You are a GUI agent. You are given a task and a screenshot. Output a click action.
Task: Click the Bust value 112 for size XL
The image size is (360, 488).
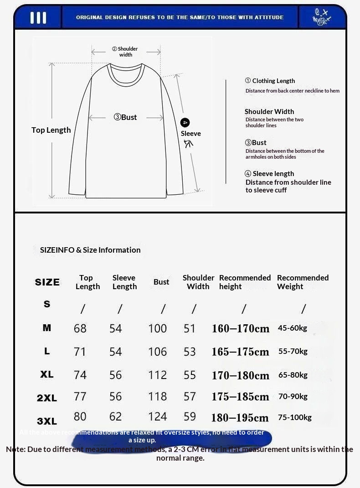[x=157, y=375]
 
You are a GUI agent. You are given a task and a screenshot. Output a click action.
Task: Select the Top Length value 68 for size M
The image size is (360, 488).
[x=80, y=328]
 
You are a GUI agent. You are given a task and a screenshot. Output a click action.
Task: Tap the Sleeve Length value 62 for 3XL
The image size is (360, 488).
[x=116, y=416]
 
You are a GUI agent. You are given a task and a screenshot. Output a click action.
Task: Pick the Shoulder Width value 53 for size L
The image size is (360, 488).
[x=190, y=352]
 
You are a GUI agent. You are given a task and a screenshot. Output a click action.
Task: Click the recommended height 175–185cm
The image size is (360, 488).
[x=240, y=396]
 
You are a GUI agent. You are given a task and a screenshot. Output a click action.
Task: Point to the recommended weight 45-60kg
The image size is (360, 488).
[x=293, y=328]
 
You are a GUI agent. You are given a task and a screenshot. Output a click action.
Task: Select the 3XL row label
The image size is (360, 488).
[x=47, y=421]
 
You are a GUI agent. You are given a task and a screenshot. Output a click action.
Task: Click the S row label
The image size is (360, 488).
[x=47, y=304]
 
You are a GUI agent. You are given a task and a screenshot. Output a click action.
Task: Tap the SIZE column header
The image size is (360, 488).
[x=47, y=282]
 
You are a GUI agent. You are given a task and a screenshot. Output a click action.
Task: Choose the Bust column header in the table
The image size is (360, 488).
[x=161, y=282]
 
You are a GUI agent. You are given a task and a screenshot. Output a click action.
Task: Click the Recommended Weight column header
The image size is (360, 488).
[x=303, y=282]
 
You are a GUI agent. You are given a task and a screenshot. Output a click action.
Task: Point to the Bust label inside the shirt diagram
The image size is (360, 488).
[x=125, y=117]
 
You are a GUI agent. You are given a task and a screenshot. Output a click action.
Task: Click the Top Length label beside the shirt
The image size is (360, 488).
[x=51, y=130]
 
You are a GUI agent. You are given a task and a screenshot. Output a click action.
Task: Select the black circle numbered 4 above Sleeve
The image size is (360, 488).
[x=185, y=123]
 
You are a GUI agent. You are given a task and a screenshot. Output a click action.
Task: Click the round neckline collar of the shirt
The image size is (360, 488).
[x=126, y=73]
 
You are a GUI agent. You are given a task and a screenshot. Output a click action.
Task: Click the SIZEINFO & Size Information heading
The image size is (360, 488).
[x=90, y=250]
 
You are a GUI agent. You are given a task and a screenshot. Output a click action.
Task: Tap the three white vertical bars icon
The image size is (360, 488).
[x=38, y=18]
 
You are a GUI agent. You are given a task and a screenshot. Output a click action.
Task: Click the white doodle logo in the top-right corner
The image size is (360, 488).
[x=322, y=17]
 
